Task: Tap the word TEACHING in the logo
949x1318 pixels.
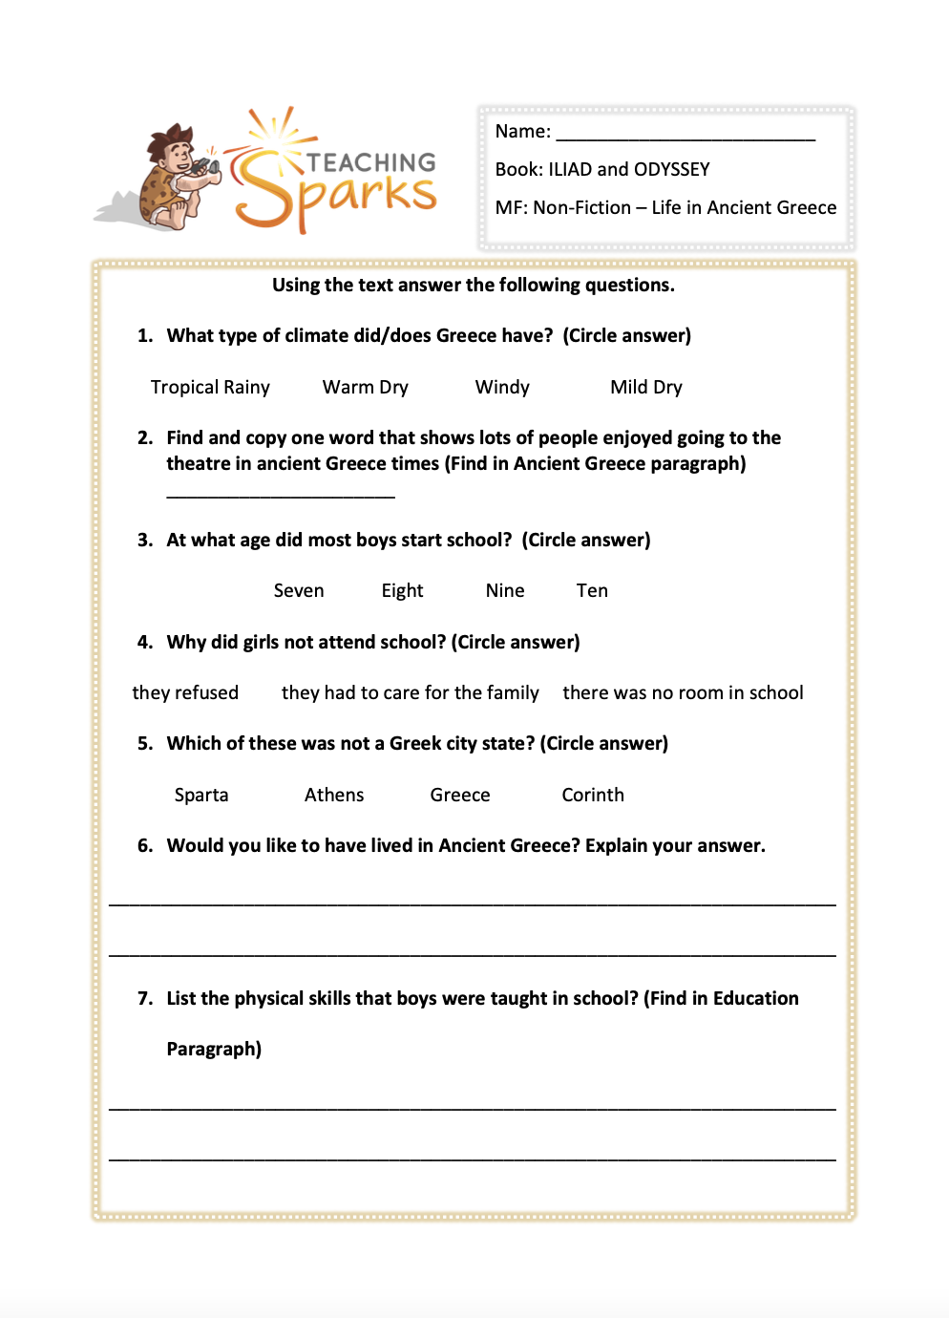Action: [x=371, y=162]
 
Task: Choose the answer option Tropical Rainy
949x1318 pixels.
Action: [x=210, y=388]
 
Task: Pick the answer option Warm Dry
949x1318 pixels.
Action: [x=365, y=388]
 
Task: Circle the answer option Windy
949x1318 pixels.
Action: [x=502, y=388]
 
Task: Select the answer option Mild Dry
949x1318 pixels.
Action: [x=646, y=388]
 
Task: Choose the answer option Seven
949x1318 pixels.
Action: [x=299, y=591]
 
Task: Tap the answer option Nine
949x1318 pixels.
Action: [x=505, y=591]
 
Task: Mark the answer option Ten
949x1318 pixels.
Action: [x=592, y=591]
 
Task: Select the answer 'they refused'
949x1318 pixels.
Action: [x=185, y=693]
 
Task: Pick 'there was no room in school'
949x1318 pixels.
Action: [x=683, y=693]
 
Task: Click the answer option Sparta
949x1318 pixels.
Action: [x=201, y=796]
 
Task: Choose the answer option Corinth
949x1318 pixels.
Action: [x=593, y=796]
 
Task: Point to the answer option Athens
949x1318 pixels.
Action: [x=334, y=796]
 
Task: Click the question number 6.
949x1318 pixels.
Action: [x=145, y=846]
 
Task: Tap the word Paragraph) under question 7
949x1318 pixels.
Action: [x=214, y=1050]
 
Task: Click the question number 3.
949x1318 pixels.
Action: [x=145, y=541]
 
